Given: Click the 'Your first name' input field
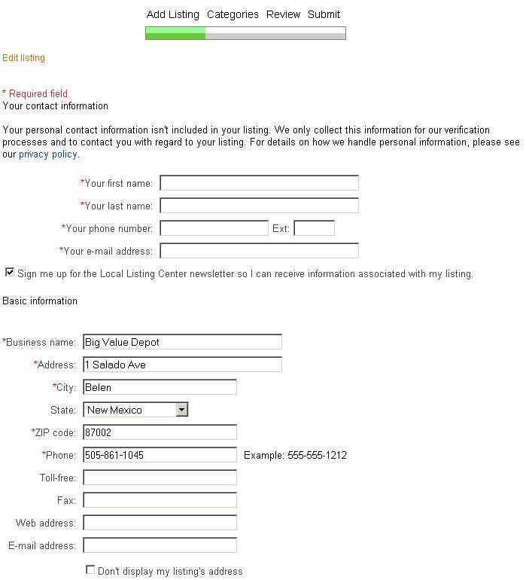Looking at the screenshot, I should (x=259, y=183).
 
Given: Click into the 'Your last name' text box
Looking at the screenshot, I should (x=259, y=206).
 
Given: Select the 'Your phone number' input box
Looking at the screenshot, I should (x=214, y=228).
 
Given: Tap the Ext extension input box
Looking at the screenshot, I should (x=314, y=228).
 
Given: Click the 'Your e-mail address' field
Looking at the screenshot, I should (x=259, y=251).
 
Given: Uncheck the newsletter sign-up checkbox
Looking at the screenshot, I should (x=10, y=273).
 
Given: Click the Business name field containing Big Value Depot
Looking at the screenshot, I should (x=182, y=342).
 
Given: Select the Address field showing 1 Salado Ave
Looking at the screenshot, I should (x=182, y=365).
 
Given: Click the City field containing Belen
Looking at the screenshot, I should (x=160, y=387).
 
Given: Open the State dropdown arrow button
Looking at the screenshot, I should (x=181, y=410).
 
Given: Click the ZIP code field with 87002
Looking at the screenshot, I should (x=160, y=432).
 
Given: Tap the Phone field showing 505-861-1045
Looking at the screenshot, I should (x=160, y=455).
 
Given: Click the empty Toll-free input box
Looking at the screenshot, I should (x=160, y=478).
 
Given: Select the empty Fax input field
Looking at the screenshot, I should (x=160, y=500).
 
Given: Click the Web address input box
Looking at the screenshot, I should (x=160, y=523).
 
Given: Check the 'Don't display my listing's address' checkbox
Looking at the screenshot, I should (x=90, y=570).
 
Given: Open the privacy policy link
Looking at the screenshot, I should (x=48, y=154).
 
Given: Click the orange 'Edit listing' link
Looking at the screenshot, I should (x=24, y=58).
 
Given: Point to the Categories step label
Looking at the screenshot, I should (x=233, y=14).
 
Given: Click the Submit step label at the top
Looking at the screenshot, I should (x=324, y=14).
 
